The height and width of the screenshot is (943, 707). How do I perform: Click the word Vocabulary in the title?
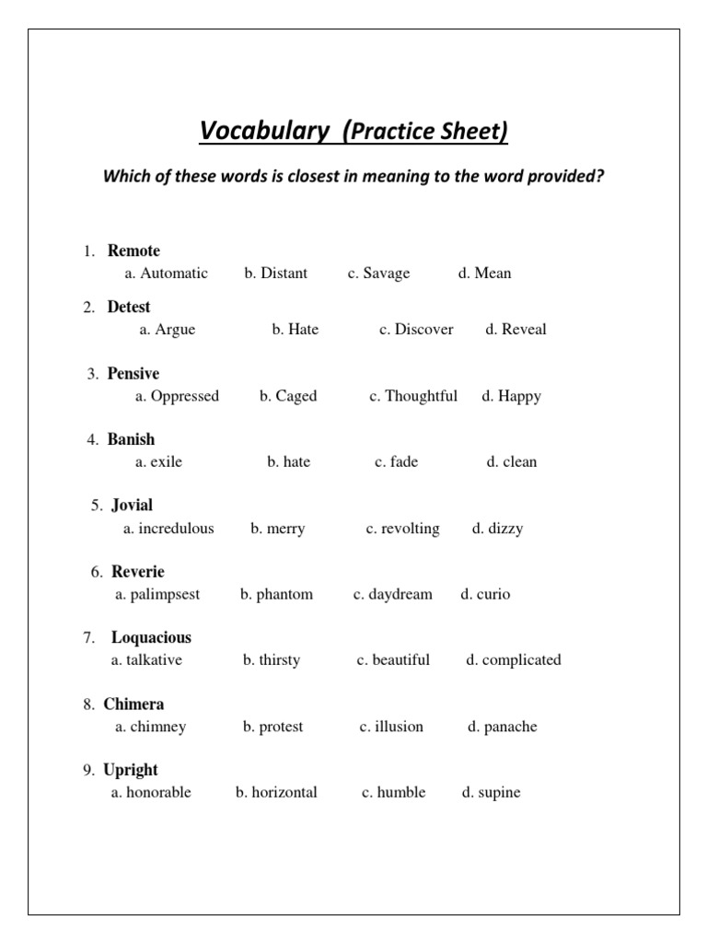tap(263, 133)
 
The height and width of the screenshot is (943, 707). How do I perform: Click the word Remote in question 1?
tap(133, 250)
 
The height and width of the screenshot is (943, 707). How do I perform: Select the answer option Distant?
tap(284, 274)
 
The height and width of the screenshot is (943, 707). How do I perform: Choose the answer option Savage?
tap(386, 274)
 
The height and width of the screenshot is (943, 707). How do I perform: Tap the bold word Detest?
tap(129, 307)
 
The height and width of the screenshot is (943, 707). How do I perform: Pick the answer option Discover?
tap(423, 330)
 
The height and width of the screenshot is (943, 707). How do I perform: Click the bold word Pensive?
tap(133, 373)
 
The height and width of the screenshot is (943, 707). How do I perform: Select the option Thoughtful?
tap(420, 396)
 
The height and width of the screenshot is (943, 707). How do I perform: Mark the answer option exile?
tap(166, 462)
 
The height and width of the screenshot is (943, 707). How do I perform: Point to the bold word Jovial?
tap(133, 505)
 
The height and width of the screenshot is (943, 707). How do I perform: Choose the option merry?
tap(285, 529)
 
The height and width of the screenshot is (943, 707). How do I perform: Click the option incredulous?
tap(176, 529)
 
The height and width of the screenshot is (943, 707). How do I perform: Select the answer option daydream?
tap(400, 595)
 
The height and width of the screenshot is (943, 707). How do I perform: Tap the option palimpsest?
tap(165, 595)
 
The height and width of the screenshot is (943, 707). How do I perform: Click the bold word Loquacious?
tap(151, 637)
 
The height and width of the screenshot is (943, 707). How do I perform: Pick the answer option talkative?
tap(155, 660)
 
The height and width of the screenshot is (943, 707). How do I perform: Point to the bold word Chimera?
tap(133, 704)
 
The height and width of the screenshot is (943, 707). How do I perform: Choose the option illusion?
tap(399, 727)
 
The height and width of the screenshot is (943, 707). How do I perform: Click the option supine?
tap(499, 793)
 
